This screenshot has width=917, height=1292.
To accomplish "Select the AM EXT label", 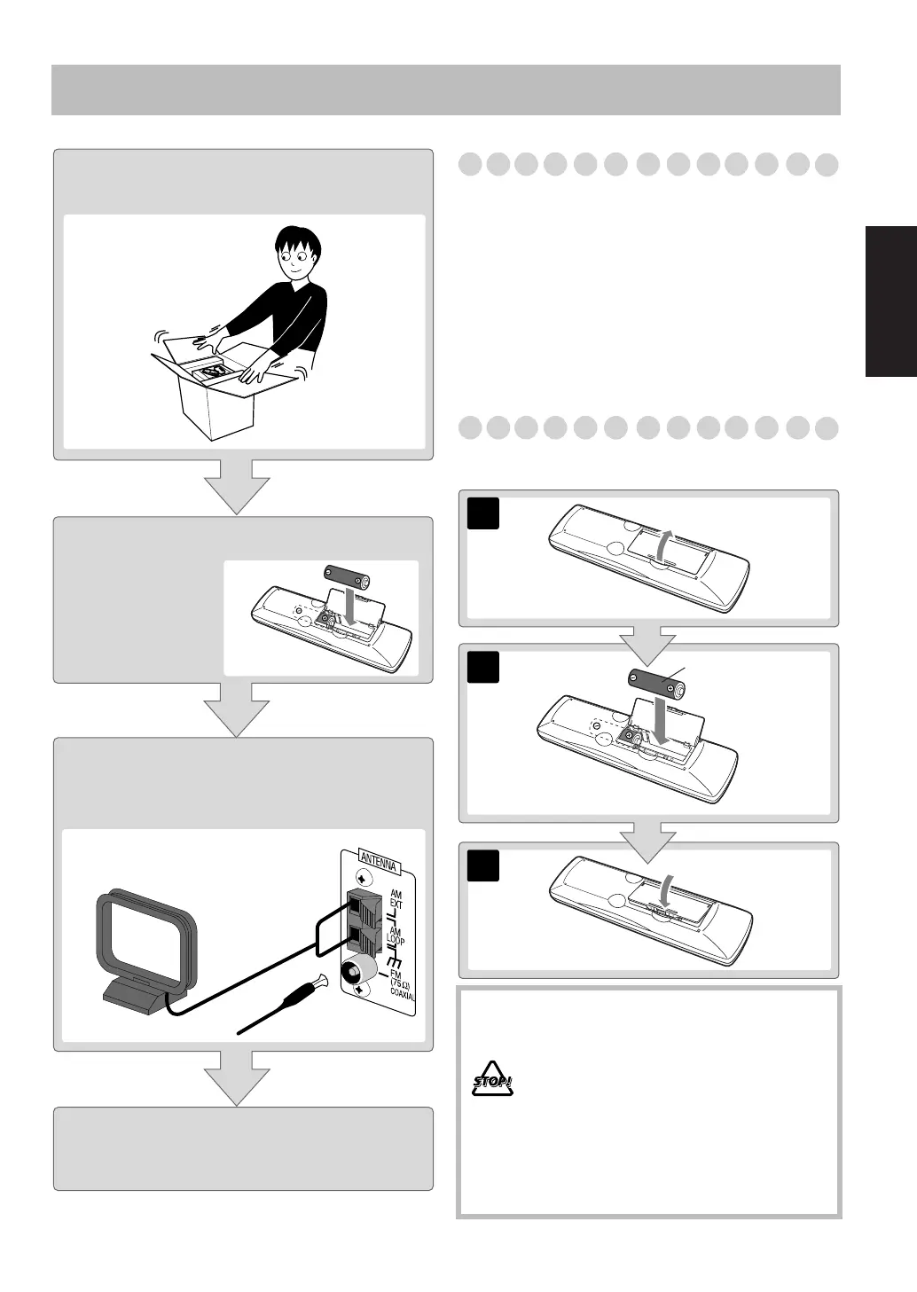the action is click(x=396, y=899).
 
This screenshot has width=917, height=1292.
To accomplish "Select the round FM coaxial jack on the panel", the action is click(x=356, y=972).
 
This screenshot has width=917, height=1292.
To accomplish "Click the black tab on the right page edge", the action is click(x=890, y=301).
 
